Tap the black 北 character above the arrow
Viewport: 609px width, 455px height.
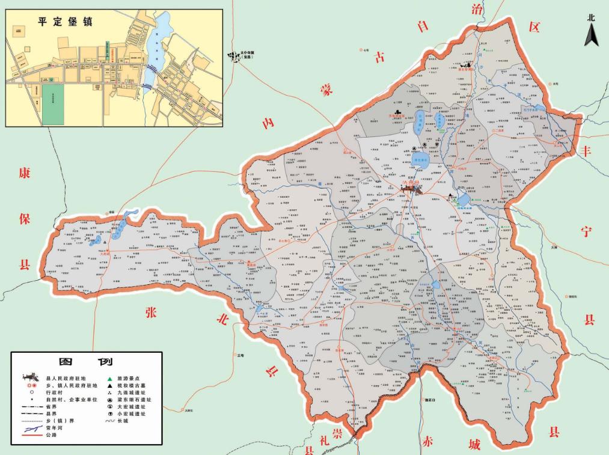click(591, 18)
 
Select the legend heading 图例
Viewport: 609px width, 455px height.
click(86, 362)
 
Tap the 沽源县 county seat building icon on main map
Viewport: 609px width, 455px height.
click(412, 189)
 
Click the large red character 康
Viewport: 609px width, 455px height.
click(24, 174)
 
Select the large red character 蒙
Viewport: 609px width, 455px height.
click(326, 90)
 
